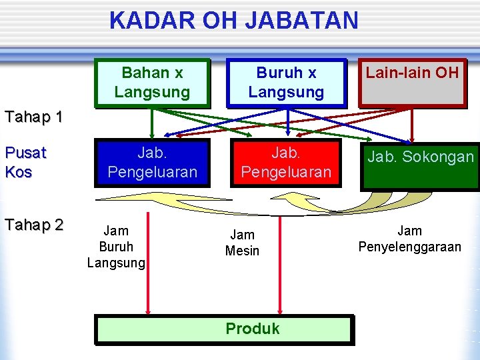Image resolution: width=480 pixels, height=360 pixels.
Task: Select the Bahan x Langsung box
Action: click(x=153, y=82)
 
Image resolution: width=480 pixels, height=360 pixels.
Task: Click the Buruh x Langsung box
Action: click(x=286, y=82)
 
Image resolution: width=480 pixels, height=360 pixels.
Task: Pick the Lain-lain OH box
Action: click(x=412, y=82)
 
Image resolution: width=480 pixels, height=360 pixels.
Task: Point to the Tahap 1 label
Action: click(x=33, y=118)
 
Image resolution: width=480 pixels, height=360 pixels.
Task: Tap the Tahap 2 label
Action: click(x=33, y=225)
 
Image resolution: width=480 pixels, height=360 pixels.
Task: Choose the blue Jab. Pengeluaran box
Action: click(x=153, y=163)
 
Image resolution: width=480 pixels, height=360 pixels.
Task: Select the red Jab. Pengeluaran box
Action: click(x=286, y=163)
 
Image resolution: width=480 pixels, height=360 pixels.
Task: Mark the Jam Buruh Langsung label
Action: click(x=116, y=247)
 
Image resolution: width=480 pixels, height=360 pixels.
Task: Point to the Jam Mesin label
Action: click(x=242, y=243)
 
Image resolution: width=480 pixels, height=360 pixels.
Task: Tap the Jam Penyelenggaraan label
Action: click(x=409, y=239)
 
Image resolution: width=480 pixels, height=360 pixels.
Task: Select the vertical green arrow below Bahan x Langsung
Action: click(x=152, y=123)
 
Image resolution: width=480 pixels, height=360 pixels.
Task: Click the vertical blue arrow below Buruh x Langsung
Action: click(x=287, y=123)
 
